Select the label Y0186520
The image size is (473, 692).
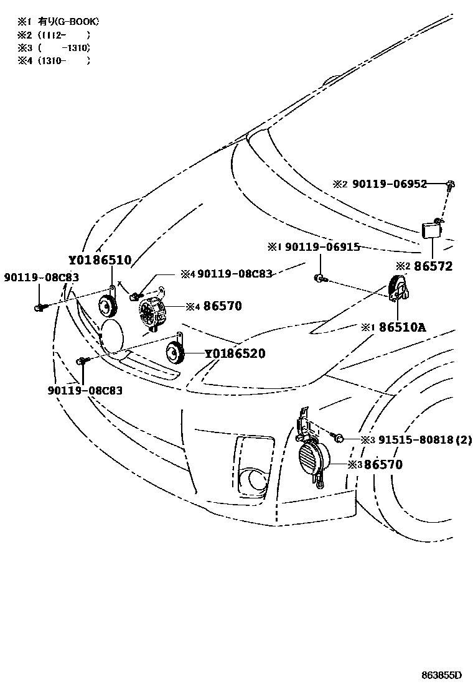tap(235, 354)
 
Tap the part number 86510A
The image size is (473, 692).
tap(402, 327)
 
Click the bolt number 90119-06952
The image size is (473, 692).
tap(390, 184)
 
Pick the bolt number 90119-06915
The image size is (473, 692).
tap(322, 247)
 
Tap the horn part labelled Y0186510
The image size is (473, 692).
tap(108, 305)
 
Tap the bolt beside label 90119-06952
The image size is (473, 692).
tap(451, 184)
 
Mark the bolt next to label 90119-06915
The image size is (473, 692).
tap(319, 278)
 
